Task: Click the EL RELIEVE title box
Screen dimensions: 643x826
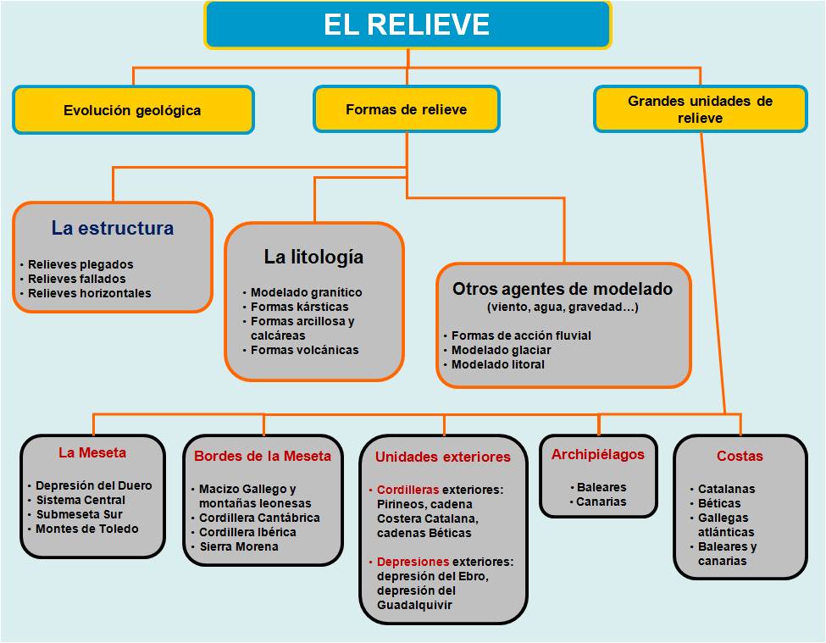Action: (x=407, y=25)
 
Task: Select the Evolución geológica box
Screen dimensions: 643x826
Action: (x=133, y=110)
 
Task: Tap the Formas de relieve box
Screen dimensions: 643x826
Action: (x=406, y=109)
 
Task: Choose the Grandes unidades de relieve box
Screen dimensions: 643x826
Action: (x=700, y=109)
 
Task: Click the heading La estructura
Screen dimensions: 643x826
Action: (x=112, y=228)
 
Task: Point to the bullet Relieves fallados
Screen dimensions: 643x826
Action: (x=76, y=279)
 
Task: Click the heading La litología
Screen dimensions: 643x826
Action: (x=313, y=256)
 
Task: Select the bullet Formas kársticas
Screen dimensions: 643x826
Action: (x=299, y=307)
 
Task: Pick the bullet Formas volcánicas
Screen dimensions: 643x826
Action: (x=304, y=350)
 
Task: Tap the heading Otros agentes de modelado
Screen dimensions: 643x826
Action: (x=563, y=288)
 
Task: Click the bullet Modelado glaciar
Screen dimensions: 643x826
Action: (x=501, y=350)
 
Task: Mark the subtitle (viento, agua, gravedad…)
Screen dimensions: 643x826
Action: (x=563, y=307)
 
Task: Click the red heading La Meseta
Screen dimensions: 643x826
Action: (x=91, y=452)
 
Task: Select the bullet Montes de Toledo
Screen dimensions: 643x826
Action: (x=86, y=529)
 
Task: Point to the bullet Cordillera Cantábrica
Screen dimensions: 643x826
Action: (x=259, y=518)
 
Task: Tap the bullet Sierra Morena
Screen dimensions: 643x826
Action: (x=238, y=546)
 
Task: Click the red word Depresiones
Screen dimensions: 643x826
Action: (x=413, y=562)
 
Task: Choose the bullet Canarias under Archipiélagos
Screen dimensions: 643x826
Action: (x=601, y=502)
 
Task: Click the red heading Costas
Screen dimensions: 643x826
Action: (x=740, y=456)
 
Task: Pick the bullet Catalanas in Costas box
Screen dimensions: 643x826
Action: (x=726, y=489)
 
